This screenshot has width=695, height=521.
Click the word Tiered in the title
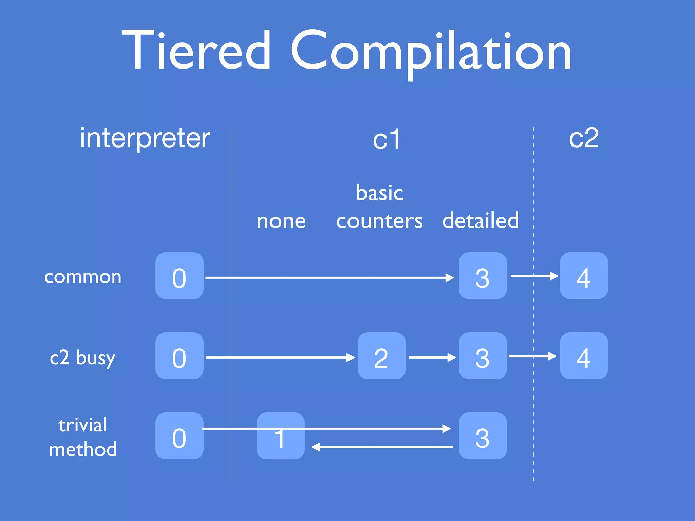pos(197,51)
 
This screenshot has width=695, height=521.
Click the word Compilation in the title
pos(431,53)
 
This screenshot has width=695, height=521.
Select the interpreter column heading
pos(145,138)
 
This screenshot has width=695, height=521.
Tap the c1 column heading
pos(387,140)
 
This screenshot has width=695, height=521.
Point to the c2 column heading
pos(583,138)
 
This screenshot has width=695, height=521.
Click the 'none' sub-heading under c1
pos(281,221)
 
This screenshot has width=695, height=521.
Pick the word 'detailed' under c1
pos(481,220)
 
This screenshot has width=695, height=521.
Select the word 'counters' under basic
pos(379,221)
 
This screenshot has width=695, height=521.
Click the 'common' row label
pos(83,277)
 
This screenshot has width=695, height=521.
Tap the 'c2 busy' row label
pos(83,358)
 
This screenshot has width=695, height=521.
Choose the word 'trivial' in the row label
pos(83,425)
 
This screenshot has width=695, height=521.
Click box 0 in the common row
pos(179,276)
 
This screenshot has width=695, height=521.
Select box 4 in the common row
pos(584,276)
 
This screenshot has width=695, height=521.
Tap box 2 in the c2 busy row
pos(381,356)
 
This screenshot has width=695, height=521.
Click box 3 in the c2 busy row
pos(483,356)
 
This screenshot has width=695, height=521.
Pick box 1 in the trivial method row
pos(280,436)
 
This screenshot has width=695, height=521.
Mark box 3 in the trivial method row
pos(483,436)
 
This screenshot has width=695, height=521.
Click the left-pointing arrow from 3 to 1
pos(382,447)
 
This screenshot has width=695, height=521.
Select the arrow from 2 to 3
pos(432,358)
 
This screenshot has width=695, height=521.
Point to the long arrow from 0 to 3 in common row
pos(329,278)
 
